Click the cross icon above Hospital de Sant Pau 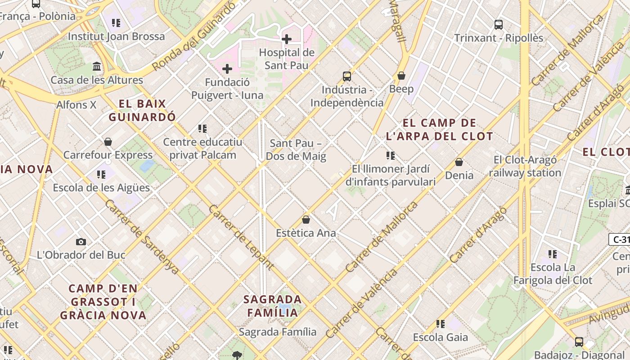(x=287, y=39)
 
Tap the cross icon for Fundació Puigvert (x=227, y=69)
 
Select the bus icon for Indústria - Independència (x=346, y=76)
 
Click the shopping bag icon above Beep (x=401, y=75)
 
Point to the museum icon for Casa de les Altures (x=97, y=67)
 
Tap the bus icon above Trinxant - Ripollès (x=498, y=24)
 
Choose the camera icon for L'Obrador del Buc (x=81, y=242)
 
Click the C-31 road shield (x=620, y=239)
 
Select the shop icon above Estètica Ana (x=306, y=220)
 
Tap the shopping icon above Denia (x=459, y=162)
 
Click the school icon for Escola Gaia (x=441, y=324)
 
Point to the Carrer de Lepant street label (x=241, y=237)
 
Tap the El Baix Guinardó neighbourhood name (x=142, y=110)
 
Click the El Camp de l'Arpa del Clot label (x=439, y=129)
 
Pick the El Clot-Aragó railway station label (x=525, y=166)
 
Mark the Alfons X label (x=76, y=105)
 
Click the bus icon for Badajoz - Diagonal (x=579, y=342)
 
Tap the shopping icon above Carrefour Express (x=108, y=142)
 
